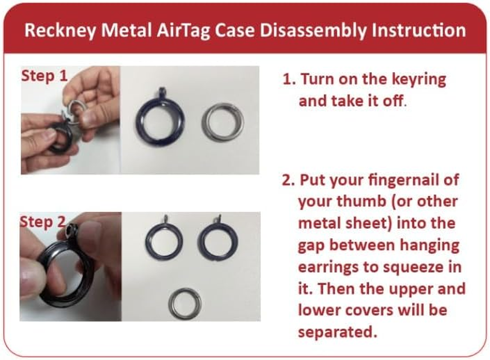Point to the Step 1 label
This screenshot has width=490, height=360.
coord(44,76)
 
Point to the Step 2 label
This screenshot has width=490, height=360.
coord(43,221)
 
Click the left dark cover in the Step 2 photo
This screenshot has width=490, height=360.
coord(164,240)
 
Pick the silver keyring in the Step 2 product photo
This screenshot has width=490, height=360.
coord(185,303)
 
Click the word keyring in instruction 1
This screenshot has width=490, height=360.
coord(417,80)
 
